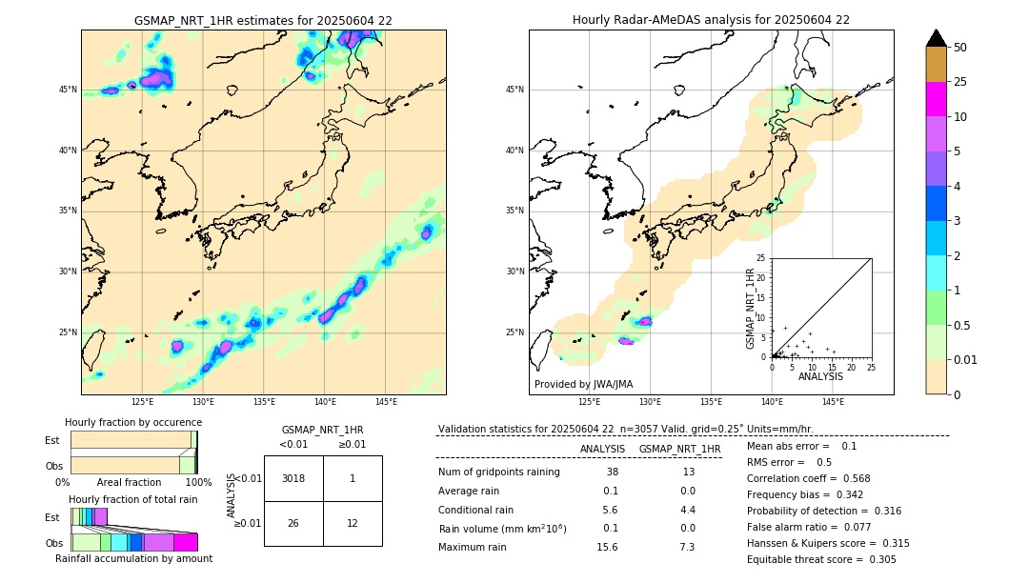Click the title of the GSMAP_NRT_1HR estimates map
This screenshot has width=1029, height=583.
click(263, 20)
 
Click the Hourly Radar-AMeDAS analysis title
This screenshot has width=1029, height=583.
click(711, 20)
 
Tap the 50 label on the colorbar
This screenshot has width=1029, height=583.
click(960, 48)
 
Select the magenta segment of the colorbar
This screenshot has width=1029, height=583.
click(937, 99)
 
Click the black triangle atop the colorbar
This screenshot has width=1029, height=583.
click(937, 38)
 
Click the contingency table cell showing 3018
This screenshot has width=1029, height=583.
click(293, 478)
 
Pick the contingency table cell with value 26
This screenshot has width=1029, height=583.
click(293, 523)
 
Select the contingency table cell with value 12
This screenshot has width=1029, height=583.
click(353, 523)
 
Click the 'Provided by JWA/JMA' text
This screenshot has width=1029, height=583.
click(583, 384)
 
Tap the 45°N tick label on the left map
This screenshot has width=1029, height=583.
click(68, 90)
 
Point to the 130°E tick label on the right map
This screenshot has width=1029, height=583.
click(651, 402)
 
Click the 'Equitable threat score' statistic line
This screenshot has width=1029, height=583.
click(821, 559)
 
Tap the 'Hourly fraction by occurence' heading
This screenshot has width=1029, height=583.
click(133, 422)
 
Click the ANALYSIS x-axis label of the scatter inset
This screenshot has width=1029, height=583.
click(820, 376)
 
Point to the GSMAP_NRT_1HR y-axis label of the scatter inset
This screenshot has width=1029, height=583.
click(751, 308)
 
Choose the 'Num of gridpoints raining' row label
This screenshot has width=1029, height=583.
click(499, 472)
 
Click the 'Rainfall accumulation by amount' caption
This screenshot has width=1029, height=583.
click(133, 558)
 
